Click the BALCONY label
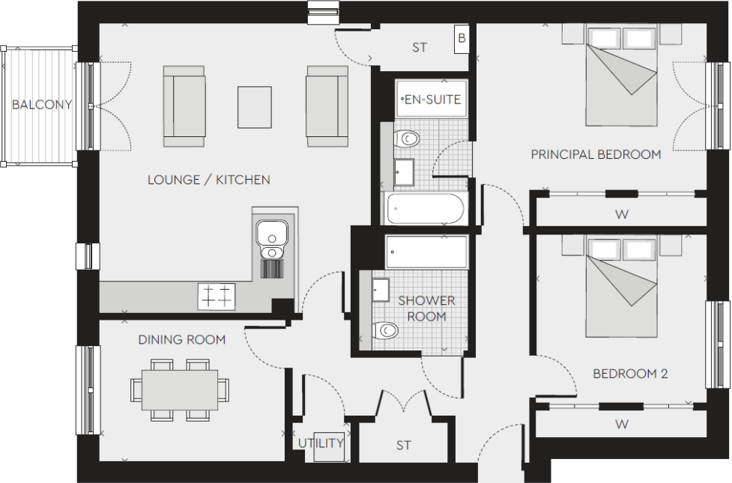click(x=41, y=105)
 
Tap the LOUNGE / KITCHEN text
click(x=208, y=180)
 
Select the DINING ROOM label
click(x=181, y=340)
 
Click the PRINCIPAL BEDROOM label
click(x=596, y=155)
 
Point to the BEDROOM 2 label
click(x=630, y=374)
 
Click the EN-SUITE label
click(x=432, y=99)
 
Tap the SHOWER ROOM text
click(x=426, y=309)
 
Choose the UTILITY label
click(x=321, y=443)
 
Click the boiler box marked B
click(x=462, y=39)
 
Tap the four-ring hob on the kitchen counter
click(x=217, y=297)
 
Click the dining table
click(x=180, y=390)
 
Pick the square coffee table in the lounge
click(x=254, y=107)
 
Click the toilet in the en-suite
click(x=407, y=139)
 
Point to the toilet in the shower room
click(x=385, y=330)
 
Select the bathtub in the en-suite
click(x=425, y=209)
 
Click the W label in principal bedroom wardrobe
click(x=621, y=215)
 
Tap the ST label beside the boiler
click(x=420, y=47)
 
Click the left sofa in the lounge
click(x=184, y=106)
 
